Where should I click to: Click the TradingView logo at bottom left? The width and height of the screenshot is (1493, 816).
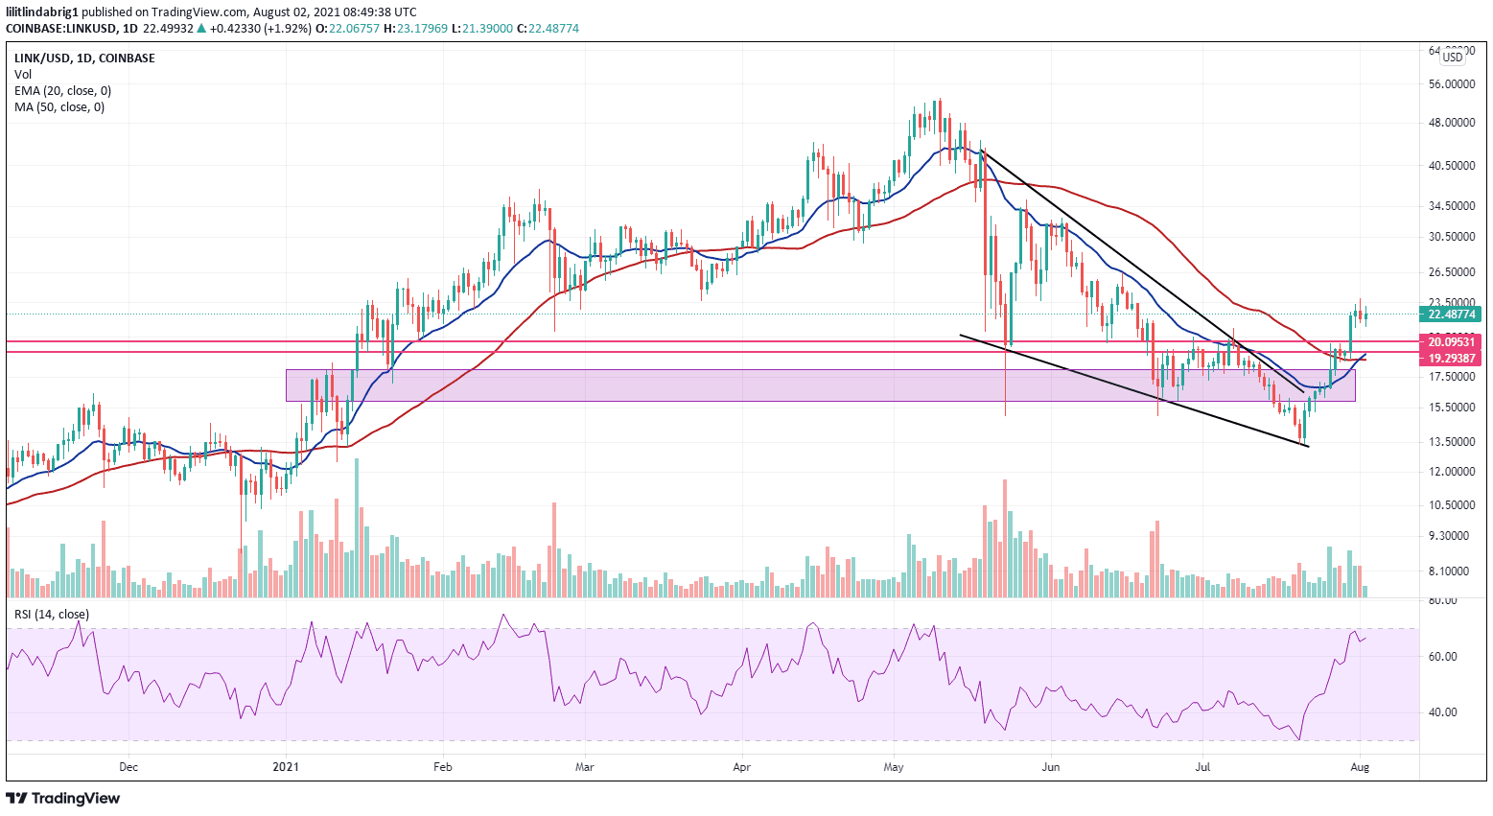click(63, 798)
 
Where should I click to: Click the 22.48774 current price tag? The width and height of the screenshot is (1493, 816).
click(1453, 314)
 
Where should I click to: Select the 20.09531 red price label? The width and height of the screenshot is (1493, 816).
click(1453, 341)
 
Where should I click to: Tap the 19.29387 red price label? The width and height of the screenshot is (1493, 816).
click(1453, 358)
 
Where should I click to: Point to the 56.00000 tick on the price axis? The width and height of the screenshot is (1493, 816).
click(1451, 84)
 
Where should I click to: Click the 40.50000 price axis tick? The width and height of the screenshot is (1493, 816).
click(1451, 166)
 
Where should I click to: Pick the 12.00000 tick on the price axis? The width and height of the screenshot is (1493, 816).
click(1451, 472)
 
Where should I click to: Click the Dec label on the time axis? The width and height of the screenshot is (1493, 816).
click(128, 767)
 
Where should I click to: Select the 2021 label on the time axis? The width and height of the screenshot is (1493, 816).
click(286, 767)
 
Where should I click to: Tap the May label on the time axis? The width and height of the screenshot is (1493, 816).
click(894, 767)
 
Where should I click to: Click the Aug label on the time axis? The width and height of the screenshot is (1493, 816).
click(1359, 767)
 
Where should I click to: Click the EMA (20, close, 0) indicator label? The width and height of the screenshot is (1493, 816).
click(62, 91)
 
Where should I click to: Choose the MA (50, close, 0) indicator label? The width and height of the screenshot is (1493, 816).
click(59, 107)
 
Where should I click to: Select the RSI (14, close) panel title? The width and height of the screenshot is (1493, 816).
click(51, 615)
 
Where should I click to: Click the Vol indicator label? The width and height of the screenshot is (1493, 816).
click(23, 75)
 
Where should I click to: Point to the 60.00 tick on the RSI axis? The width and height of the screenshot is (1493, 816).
click(1442, 657)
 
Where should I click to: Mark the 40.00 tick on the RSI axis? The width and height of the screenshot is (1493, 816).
click(1442, 712)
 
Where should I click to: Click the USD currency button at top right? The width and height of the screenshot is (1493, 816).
click(1453, 58)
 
